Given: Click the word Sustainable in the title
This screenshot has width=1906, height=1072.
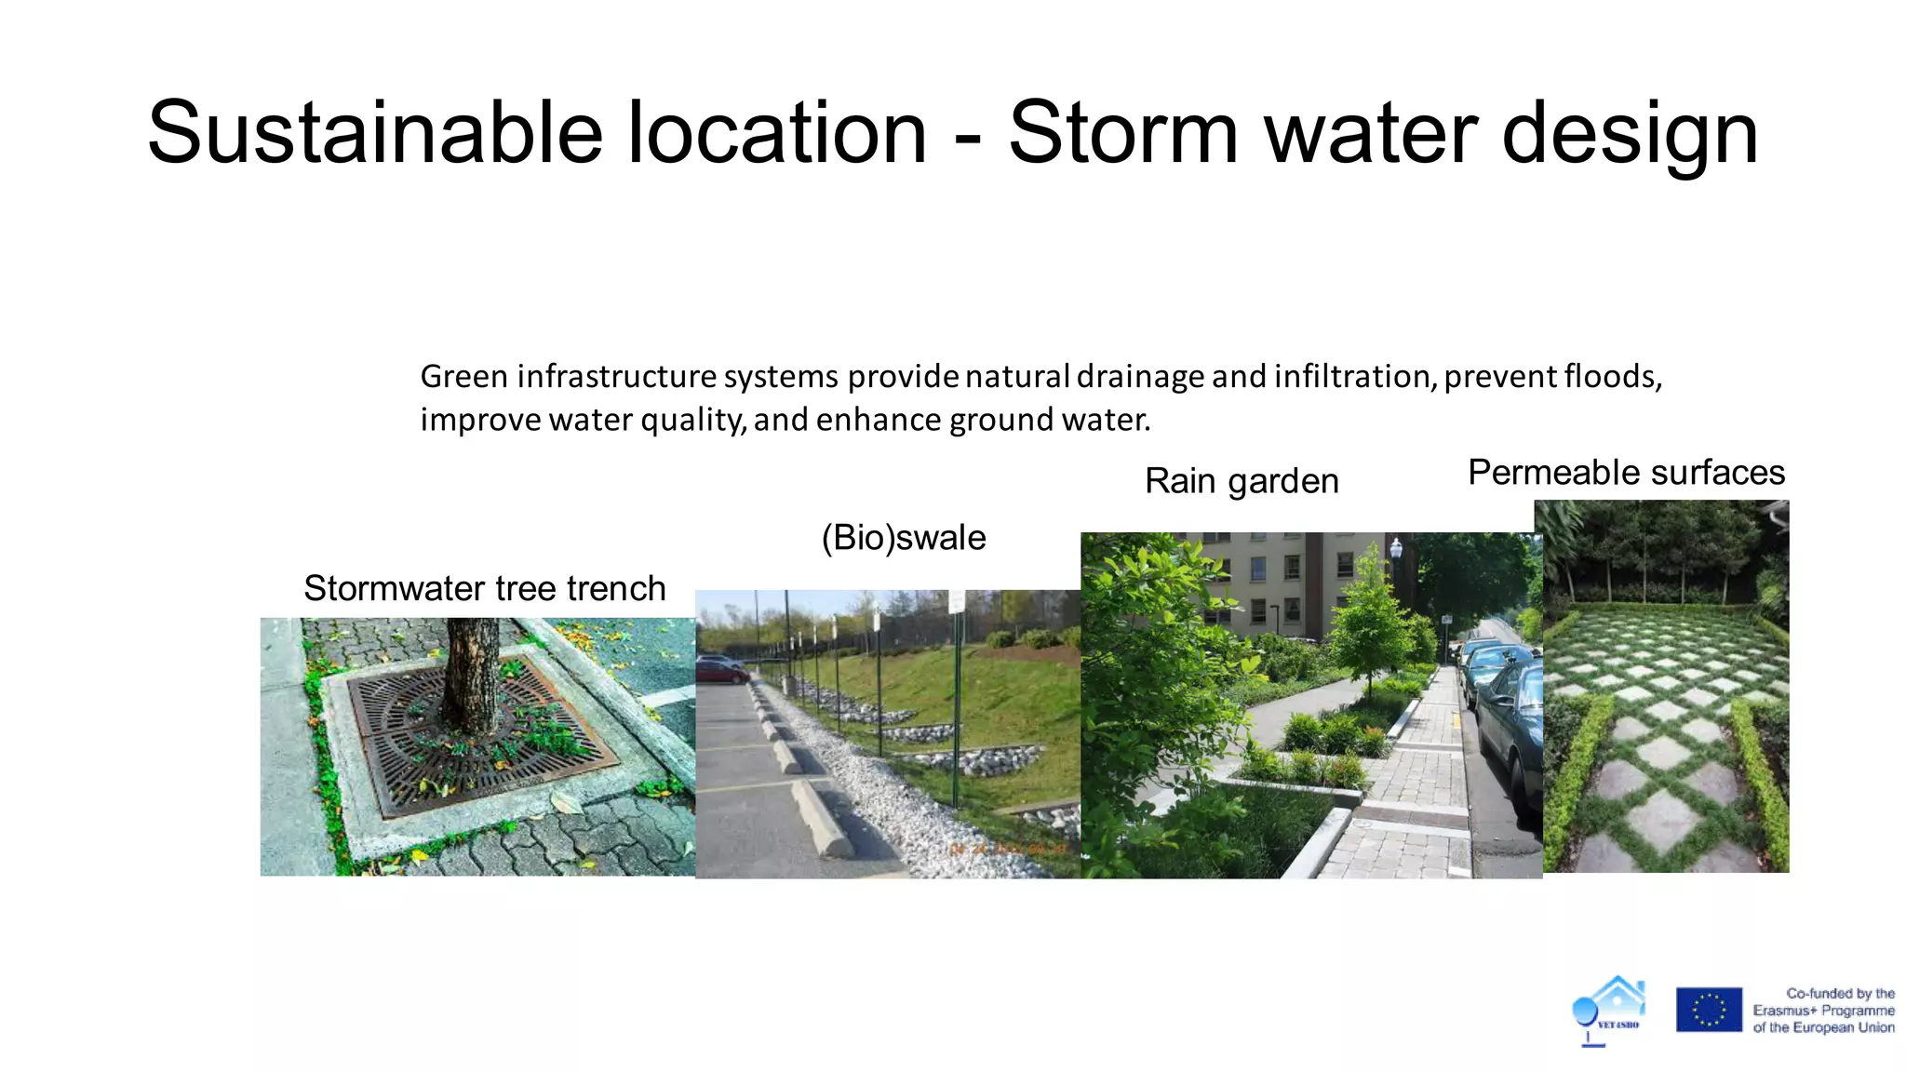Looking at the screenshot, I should (x=374, y=133).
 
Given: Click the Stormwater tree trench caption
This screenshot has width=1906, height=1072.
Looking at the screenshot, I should (x=484, y=589).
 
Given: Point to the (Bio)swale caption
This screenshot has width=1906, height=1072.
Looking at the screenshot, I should (x=903, y=538).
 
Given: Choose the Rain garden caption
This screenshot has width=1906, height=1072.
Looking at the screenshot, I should (x=1242, y=481).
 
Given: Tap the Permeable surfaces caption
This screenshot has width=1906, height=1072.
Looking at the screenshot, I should (x=1626, y=473).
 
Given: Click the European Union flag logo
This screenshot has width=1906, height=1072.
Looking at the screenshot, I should (x=1709, y=1010).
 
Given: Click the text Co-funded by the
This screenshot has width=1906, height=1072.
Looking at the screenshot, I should (x=1840, y=994).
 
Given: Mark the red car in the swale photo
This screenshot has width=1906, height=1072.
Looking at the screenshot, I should (x=718, y=666).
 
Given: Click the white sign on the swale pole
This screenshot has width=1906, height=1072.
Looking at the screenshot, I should (x=956, y=601).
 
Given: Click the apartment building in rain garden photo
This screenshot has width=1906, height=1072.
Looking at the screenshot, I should (x=1284, y=582).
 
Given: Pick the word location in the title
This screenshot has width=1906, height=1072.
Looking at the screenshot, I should (x=777, y=133).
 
